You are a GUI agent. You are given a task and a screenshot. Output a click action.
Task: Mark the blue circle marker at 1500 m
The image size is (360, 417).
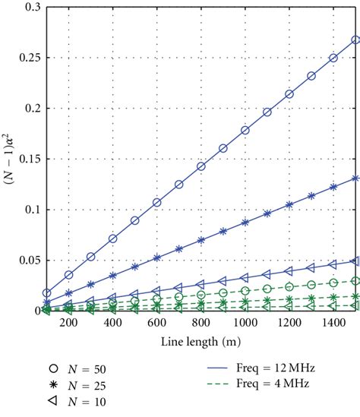(355, 39)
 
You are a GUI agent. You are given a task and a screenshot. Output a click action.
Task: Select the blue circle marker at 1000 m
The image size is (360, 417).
(245, 130)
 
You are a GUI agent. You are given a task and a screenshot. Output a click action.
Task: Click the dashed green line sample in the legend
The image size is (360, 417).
(229, 384)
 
